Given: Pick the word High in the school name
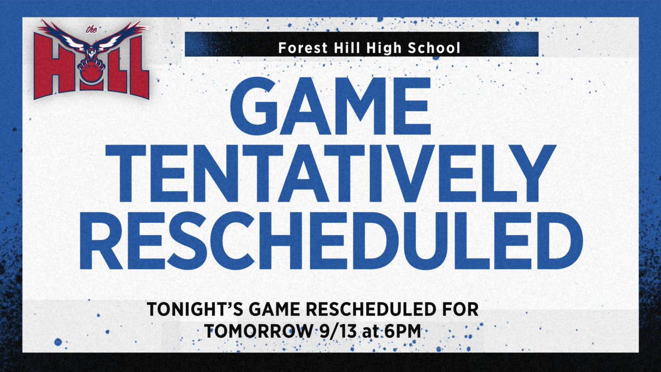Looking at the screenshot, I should point(385,48).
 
